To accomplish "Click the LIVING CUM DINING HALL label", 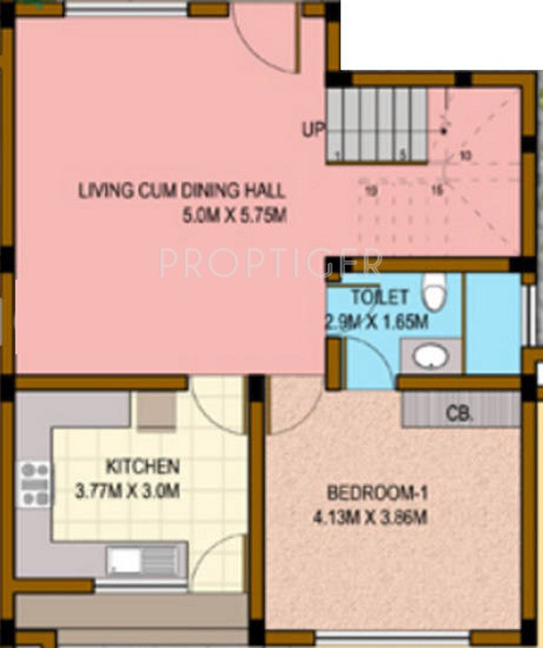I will pos(181,190).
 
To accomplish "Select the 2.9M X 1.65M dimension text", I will pos(376,320).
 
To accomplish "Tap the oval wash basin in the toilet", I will pos(430,355).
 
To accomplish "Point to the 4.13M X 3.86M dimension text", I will pos(376,518).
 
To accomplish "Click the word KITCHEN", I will pos(143,468).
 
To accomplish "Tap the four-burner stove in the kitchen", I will pos(35,484).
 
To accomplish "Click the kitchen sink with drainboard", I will pos(146,559).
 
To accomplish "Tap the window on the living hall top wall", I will pos(127,10).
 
